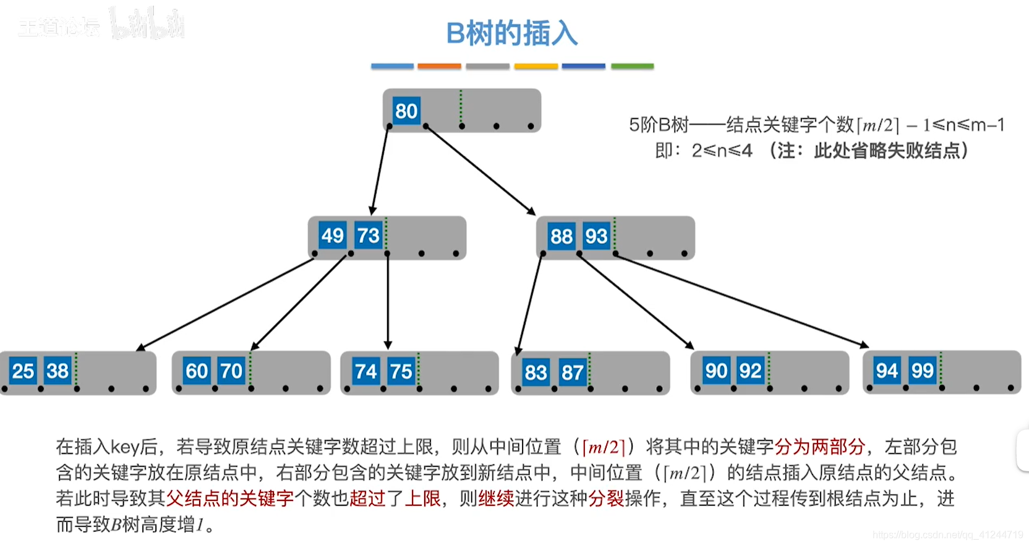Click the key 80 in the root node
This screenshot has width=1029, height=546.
[406, 111]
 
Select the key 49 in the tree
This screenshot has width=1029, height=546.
[333, 235]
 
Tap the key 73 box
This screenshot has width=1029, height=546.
[368, 235]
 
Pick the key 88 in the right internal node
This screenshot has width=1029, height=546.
[561, 236]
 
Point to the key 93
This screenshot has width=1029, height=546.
[597, 236]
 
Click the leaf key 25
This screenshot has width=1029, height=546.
[23, 371]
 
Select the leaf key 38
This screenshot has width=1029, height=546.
[58, 371]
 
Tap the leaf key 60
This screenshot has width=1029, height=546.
[197, 371]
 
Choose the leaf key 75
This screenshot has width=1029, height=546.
[401, 371]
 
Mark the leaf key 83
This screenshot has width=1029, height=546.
[536, 372]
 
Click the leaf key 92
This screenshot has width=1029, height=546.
[751, 371]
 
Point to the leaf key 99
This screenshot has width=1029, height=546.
[922, 371]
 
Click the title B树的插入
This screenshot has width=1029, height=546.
[512, 33]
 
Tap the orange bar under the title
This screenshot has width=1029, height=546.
[439, 66]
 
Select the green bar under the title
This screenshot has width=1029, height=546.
[632, 66]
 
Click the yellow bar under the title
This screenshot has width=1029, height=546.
[536, 66]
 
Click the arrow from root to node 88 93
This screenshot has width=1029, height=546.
[479, 170]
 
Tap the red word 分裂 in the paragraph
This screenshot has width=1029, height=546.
[606, 498]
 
